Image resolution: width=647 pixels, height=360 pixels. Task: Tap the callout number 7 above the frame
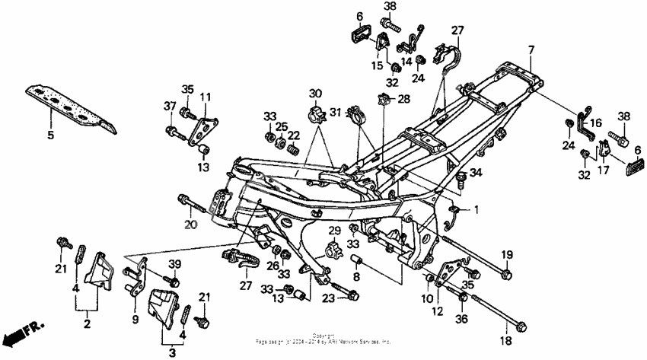coord(531,49)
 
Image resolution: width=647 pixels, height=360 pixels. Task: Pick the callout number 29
coord(333,230)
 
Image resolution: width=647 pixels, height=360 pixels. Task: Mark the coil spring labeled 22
coord(290,156)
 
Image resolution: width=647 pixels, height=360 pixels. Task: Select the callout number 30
coord(314,94)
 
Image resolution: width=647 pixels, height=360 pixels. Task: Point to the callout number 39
coord(174,263)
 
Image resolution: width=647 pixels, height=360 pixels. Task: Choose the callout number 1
coord(477,209)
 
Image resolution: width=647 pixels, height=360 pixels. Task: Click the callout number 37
coord(170,106)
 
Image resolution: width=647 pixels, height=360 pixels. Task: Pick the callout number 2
coord(87,324)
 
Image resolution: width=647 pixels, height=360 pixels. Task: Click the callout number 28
coord(403,99)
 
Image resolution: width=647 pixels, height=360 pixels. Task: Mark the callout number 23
coord(329,298)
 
